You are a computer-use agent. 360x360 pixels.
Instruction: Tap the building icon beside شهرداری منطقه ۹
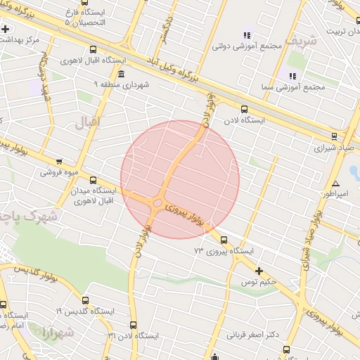(x=122, y=74)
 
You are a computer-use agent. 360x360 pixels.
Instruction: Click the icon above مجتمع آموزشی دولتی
(x=247, y=35)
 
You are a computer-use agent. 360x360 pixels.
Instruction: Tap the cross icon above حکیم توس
(x=259, y=271)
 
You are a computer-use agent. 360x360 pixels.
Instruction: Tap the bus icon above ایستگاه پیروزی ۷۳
(x=224, y=240)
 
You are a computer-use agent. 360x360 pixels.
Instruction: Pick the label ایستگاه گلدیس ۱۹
(x=85, y=310)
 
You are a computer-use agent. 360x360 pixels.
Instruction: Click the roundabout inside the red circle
(x=155, y=204)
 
